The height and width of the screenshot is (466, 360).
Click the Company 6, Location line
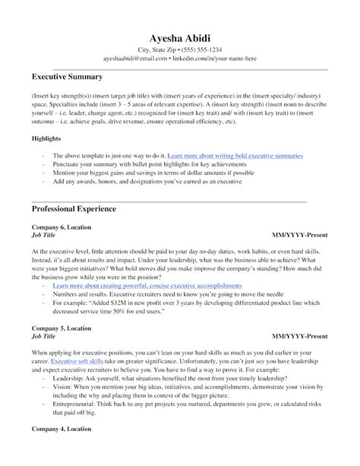point(63,227)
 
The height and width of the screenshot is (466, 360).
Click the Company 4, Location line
point(63,452)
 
